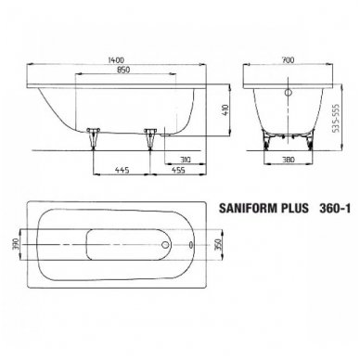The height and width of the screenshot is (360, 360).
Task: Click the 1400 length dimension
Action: [116, 59]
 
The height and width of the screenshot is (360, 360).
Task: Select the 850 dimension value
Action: [123, 70]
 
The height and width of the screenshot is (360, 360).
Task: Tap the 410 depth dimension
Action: [225, 109]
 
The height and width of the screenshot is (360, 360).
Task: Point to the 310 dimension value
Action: [185, 160]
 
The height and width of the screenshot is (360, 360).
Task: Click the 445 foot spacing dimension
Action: [122, 170]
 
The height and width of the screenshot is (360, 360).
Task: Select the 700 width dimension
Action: [288, 59]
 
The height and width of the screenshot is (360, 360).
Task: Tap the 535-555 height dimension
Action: [336, 118]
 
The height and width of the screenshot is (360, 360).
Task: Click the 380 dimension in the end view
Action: [289, 160]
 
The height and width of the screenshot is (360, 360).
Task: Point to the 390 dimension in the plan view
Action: [17, 244]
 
